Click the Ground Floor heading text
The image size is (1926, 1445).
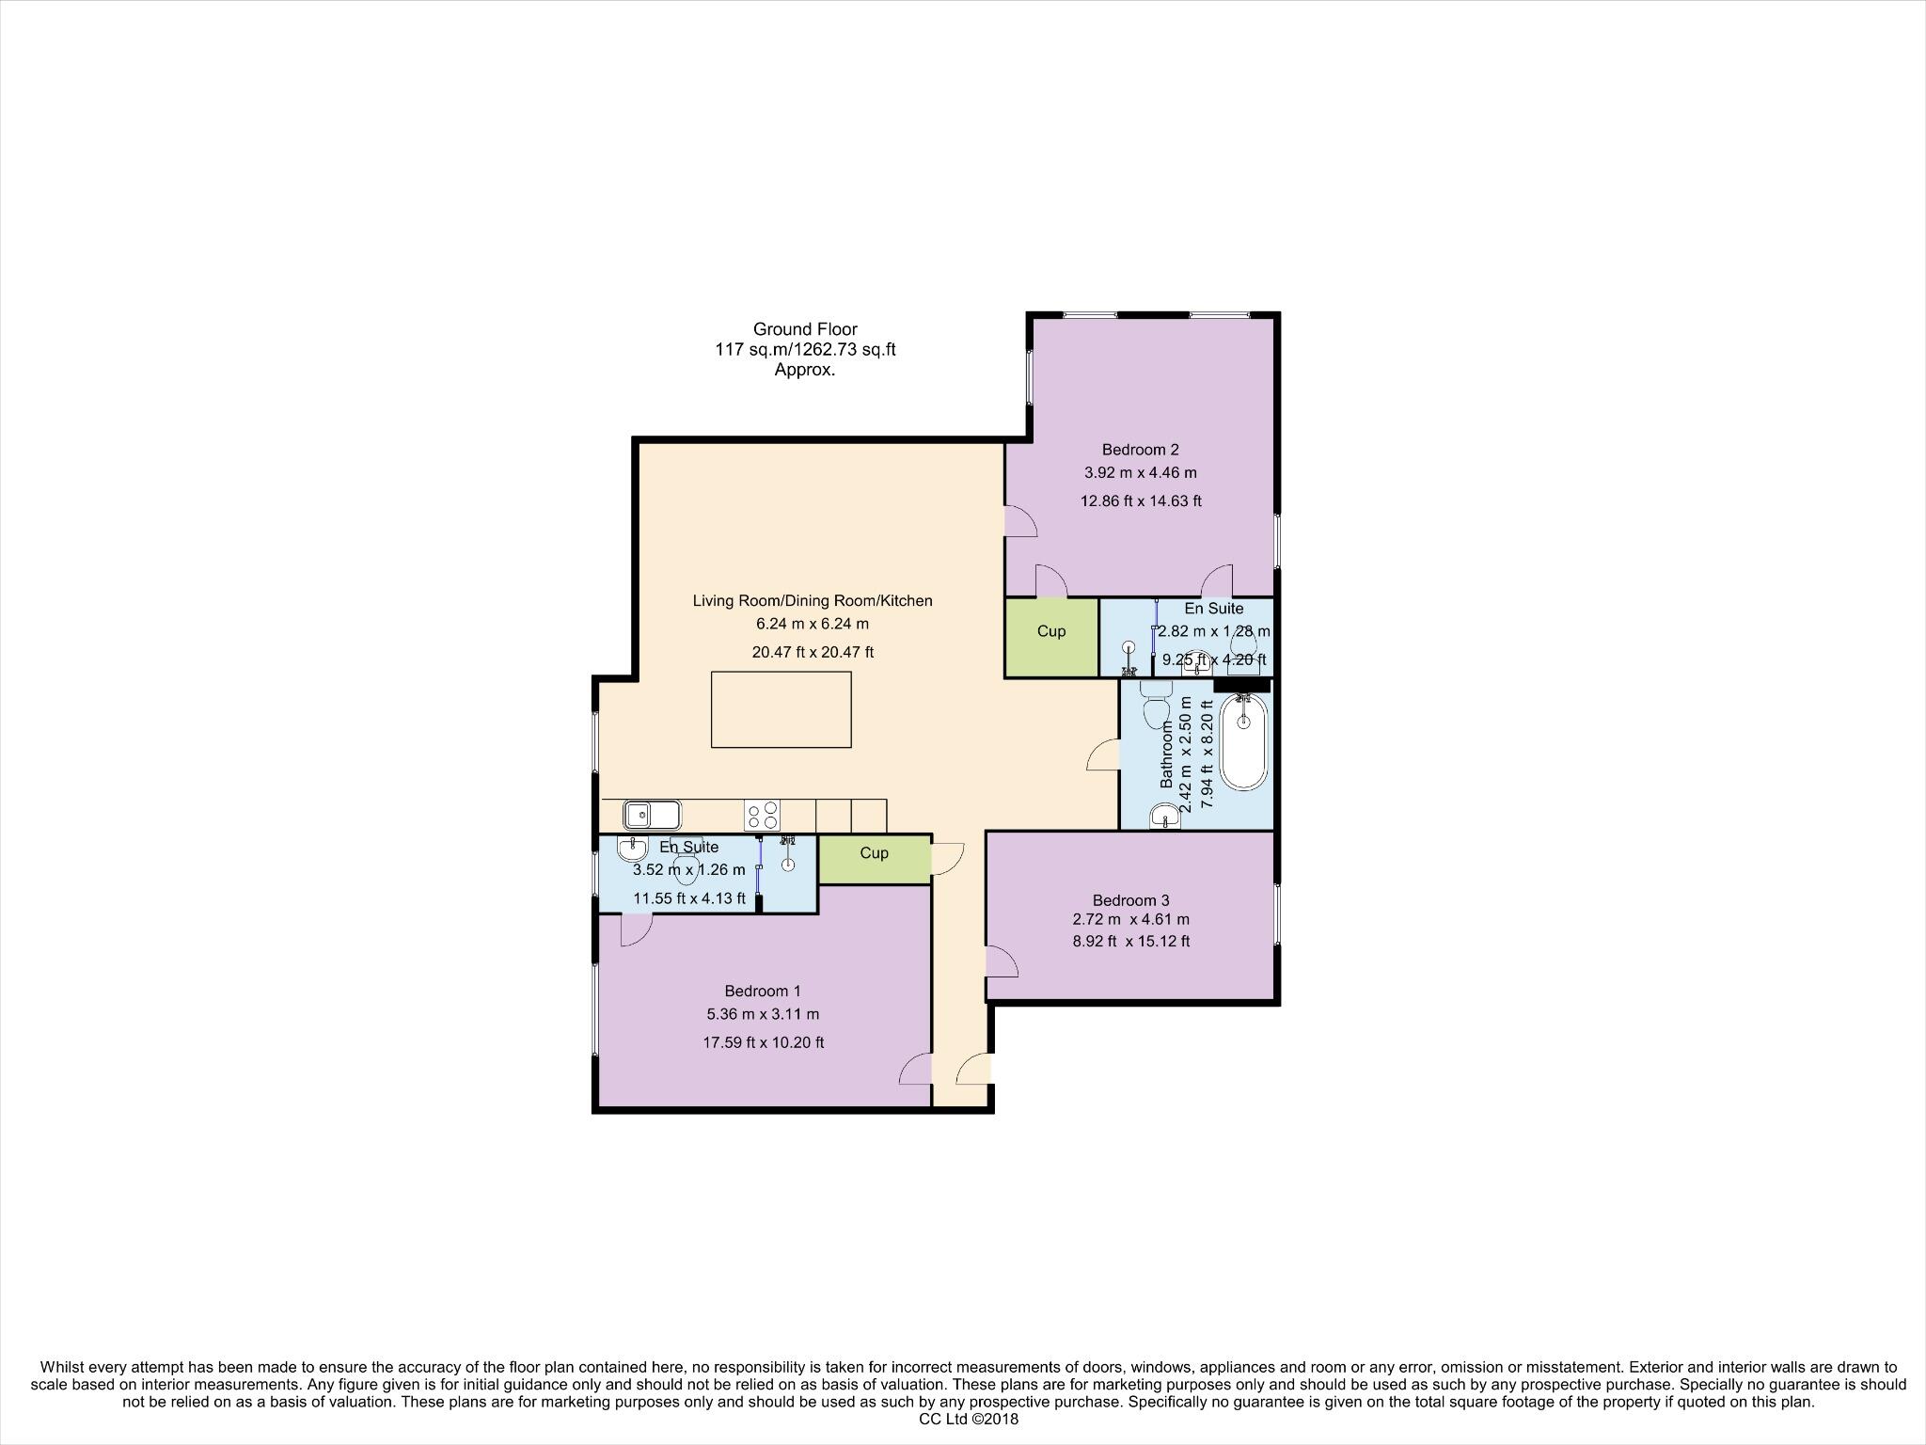(x=805, y=329)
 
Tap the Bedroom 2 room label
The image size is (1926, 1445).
(x=1140, y=450)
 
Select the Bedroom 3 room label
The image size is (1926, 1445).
(x=1130, y=900)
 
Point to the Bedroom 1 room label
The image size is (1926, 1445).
(x=763, y=991)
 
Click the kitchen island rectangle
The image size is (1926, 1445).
(x=781, y=709)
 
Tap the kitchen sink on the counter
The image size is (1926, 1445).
(x=651, y=814)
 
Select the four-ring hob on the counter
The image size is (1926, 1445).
(x=762, y=814)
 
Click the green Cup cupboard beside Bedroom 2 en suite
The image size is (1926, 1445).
(x=1051, y=637)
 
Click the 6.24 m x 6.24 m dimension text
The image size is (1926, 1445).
(x=813, y=624)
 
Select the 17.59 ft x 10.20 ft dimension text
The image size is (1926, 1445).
(x=763, y=1042)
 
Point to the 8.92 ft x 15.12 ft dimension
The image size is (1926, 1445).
(x=1130, y=941)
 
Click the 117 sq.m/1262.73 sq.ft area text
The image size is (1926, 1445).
(x=805, y=350)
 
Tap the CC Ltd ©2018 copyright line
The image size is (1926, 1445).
(x=968, y=1420)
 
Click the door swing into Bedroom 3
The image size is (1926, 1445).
(x=1001, y=961)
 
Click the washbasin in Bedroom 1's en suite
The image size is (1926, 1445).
(x=632, y=850)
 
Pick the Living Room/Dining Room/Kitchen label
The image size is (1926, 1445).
(x=813, y=600)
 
